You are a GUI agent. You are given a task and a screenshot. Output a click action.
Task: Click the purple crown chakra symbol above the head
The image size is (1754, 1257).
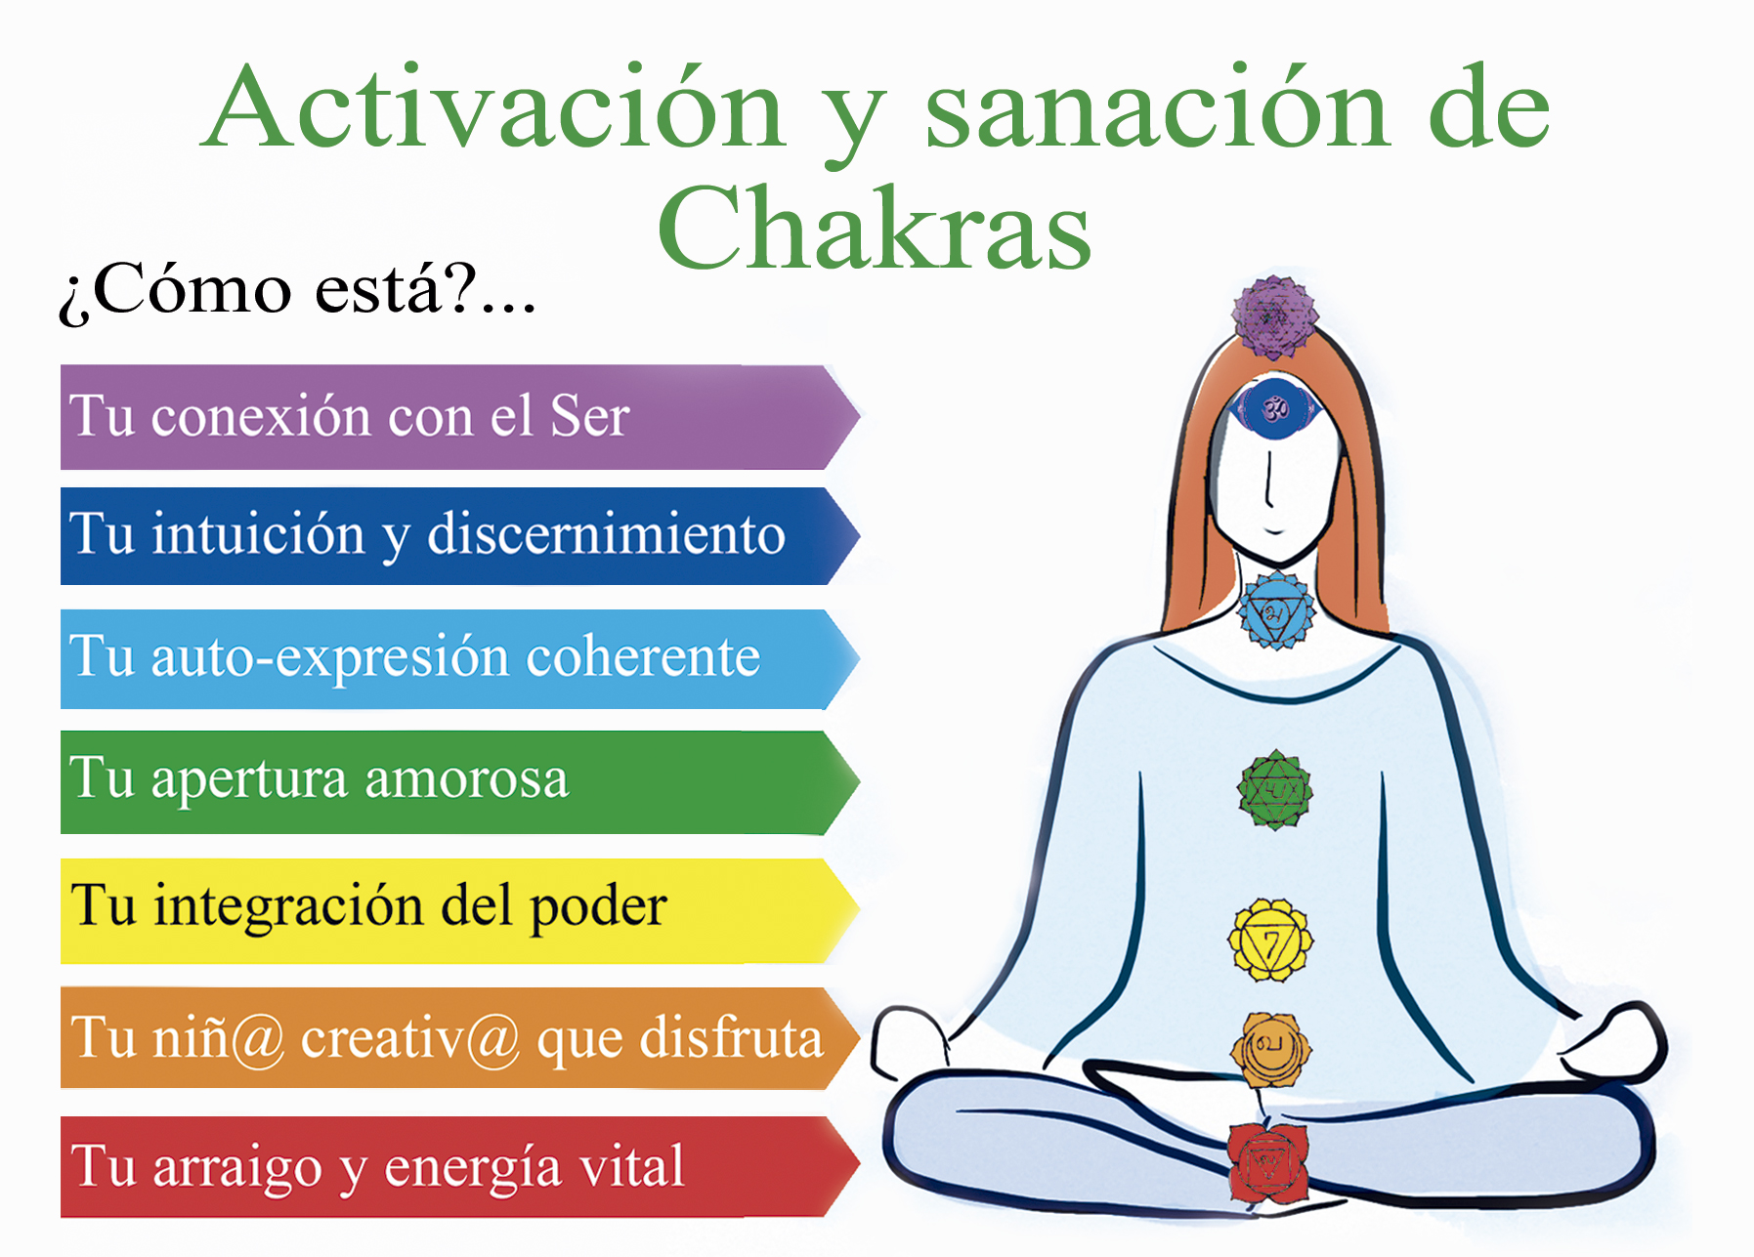1274,317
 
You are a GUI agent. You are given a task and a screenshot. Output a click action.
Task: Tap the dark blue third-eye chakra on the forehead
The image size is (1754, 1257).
1274,408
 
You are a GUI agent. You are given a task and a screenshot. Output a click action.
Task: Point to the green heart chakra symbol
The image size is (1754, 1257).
1275,790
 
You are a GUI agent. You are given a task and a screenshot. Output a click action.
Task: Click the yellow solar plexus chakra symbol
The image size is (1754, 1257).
1270,942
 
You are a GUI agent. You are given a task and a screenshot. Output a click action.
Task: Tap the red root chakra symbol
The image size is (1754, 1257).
1267,1163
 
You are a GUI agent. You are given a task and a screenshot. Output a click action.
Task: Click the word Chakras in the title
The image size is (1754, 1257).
875,229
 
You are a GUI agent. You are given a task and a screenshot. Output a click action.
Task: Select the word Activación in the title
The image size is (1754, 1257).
494,106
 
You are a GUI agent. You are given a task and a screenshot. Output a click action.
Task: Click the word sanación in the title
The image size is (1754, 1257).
1157,106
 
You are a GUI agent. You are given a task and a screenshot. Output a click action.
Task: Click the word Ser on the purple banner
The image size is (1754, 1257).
590,416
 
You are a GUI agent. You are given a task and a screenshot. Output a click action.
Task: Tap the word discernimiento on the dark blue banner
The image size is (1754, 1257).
606,534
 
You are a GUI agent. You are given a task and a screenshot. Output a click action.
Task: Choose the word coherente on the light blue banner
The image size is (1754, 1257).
643,655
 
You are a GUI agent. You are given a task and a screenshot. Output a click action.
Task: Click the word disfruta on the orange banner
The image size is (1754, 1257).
731,1037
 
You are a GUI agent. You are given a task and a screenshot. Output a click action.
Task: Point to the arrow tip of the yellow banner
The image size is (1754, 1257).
859,910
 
